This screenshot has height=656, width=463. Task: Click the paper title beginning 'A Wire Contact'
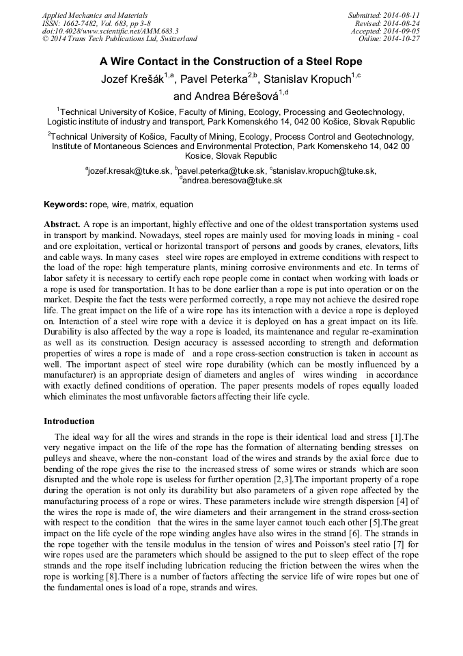(231, 61)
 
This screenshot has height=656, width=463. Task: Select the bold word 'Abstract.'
(62, 224)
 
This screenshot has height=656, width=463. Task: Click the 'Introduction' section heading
(69, 421)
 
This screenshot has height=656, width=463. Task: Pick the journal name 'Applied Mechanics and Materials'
(95, 15)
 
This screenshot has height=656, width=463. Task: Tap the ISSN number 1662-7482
(81, 23)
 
